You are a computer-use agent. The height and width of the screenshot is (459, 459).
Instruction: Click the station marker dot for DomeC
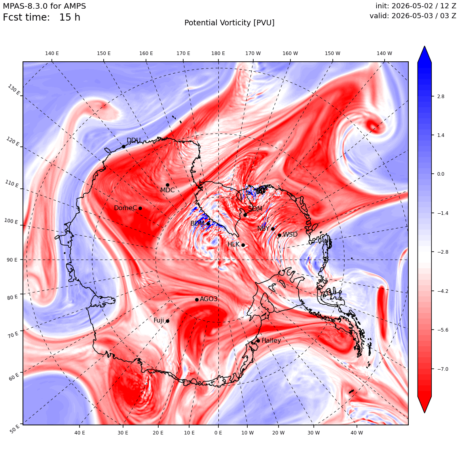coord(140,208)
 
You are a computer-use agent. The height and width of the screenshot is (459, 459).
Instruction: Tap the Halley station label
coord(271,340)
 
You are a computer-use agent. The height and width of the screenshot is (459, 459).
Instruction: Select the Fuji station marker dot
coord(167,321)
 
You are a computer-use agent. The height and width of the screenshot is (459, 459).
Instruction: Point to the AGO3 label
coord(209,299)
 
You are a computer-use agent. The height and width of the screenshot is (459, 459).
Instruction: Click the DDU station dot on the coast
coord(123,146)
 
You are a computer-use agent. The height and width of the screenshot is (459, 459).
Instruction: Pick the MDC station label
coord(167,190)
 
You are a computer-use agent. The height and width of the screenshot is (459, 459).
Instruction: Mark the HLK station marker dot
coord(243,245)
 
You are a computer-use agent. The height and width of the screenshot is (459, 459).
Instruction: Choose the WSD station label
coord(290,235)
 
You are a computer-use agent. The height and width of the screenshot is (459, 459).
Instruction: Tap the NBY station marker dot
coord(273,229)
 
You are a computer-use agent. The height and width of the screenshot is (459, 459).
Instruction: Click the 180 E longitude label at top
coord(218,53)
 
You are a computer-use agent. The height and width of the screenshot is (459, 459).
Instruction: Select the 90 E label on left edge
coord(12,260)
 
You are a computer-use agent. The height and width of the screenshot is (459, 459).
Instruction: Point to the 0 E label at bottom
coord(218,432)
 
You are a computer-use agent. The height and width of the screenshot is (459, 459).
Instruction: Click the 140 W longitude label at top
coord(384,53)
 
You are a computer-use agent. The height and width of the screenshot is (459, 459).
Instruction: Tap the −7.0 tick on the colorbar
coord(443,369)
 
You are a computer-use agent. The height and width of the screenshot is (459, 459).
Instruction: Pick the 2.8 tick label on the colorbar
coord(440,96)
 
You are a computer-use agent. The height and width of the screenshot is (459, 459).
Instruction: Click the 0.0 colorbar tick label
coord(440,174)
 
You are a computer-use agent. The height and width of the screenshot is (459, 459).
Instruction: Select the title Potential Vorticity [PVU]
coord(229,23)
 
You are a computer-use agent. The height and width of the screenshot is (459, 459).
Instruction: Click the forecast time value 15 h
coord(70,17)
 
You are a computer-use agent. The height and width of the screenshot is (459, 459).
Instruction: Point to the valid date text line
coord(413,15)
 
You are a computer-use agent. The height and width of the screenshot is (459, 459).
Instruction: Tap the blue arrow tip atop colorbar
coord(425,46)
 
